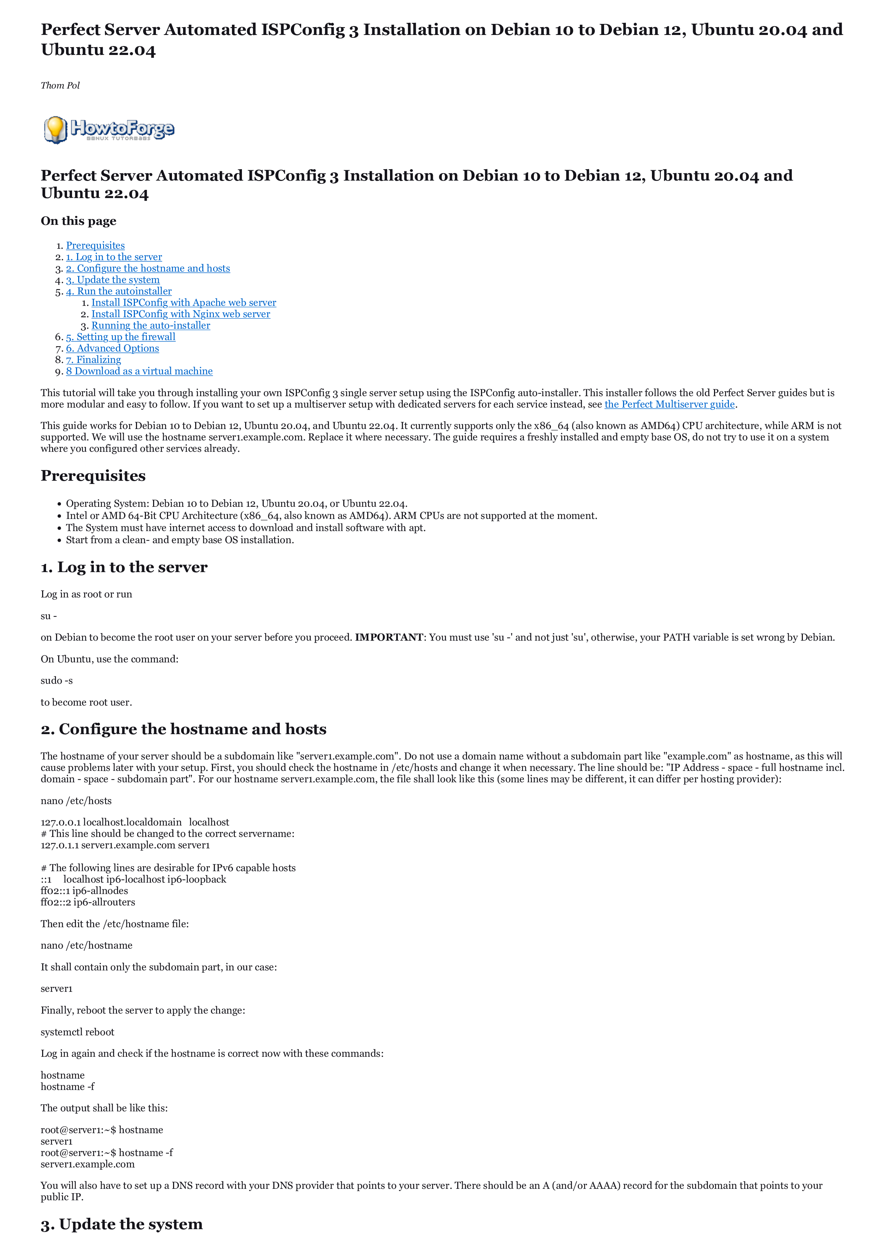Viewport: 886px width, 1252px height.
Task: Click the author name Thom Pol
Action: tap(60, 86)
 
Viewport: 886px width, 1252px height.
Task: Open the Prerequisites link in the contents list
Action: tap(96, 246)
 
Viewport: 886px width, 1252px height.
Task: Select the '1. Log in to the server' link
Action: tap(114, 257)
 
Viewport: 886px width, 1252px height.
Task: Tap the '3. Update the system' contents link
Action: tap(113, 280)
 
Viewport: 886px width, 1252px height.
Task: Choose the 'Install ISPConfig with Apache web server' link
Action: tap(184, 303)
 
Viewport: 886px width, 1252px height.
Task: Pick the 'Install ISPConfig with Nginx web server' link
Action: tap(181, 314)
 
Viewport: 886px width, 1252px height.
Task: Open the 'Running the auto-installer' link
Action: tap(151, 326)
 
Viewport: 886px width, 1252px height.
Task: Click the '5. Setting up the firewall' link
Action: tap(121, 337)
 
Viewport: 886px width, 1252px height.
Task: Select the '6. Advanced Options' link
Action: tap(112, 349)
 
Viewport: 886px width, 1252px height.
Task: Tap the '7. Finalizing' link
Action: tap(93, 360)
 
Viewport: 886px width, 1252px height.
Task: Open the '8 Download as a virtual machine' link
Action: tap(139, 372)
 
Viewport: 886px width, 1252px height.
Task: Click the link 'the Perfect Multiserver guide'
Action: tap(669, 404)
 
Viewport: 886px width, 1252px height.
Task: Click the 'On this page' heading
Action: tap(79, 221)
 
